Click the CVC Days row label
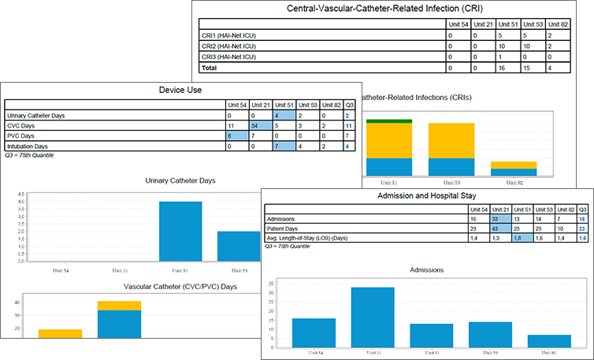tap(24, 125)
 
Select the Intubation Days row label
tap(29, 146)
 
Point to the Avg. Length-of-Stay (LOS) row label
tap(319, 237)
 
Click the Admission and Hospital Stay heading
tap(425, 195)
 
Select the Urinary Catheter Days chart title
tap(181, 180)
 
